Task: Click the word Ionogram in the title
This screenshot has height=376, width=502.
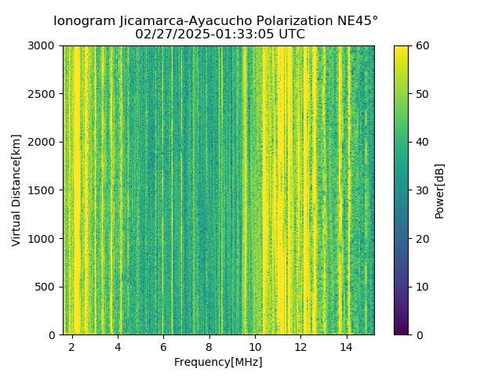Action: [x=82, y=21]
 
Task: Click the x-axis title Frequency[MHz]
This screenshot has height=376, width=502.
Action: [x=218, y=362]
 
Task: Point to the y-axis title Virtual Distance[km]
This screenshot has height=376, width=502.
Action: [x=16, y=190]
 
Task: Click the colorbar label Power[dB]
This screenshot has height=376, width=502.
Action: [x=440, y=190]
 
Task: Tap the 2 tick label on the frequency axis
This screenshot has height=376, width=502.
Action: [x=72, y=346]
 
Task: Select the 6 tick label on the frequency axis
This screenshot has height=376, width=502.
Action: [x=163, y=346]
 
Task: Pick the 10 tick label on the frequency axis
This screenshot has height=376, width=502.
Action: [x=254, y=346]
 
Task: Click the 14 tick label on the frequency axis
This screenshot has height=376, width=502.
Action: [x=345, y=346]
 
